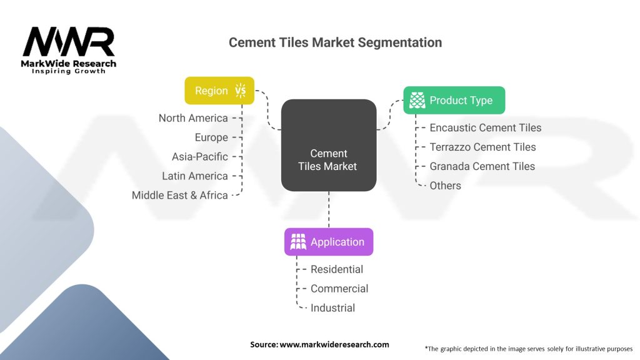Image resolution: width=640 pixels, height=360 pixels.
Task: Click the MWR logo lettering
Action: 69,42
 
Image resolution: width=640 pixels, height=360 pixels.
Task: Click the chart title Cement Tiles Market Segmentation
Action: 335,42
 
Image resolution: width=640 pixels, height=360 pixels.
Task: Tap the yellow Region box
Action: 219,91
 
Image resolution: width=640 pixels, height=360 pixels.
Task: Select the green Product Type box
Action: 454,100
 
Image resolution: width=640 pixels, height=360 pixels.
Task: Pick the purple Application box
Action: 329,242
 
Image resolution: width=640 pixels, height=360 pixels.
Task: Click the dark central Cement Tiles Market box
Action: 329,145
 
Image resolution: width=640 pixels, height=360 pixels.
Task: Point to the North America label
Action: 193,118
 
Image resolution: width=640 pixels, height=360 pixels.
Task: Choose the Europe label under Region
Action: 211,137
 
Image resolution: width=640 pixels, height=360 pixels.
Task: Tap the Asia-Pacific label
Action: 199,156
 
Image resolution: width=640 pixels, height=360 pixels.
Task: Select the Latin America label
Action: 195,176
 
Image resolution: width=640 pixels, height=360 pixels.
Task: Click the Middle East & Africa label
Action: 179,195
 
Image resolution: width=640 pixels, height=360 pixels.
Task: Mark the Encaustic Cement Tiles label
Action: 485,127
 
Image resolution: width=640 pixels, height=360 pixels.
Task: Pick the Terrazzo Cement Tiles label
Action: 482,147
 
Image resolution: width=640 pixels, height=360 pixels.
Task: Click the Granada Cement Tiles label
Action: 482,166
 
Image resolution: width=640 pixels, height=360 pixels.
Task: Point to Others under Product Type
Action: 445,186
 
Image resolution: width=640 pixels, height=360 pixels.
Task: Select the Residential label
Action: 337,269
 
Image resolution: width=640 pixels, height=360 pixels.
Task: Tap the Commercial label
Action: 339,289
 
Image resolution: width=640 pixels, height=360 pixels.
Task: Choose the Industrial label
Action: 332,307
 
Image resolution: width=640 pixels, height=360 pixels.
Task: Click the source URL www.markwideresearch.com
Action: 334,344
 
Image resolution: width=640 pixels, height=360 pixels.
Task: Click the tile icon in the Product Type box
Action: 417,100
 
